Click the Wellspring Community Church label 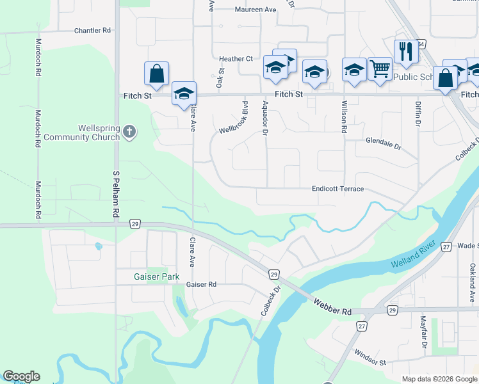pyautogui.click(x=99, y=132)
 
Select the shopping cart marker pyautogui.click(x=380, y=68)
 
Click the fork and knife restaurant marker pyautogui.click(x=405, y=51)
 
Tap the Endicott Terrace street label pyautogui.click(x=337, y=189)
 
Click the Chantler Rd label pyautogui.click(x=93, y=30)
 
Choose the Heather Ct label pyautogui.click(x=236, y=59)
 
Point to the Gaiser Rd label pyautogui.click(x=202, y=284)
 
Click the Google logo pyautogui.click(x=22, y=376)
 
